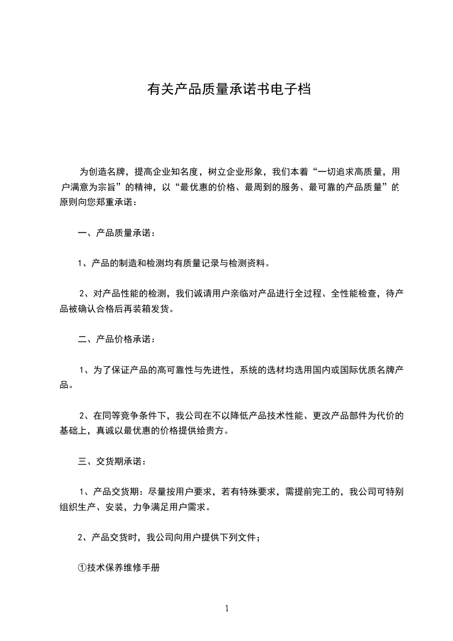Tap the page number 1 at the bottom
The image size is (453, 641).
pos(227,608)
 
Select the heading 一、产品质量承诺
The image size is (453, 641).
pos(116,233)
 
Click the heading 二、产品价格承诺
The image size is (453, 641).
pos(116,339)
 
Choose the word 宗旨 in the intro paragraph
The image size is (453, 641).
pos(105,187)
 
